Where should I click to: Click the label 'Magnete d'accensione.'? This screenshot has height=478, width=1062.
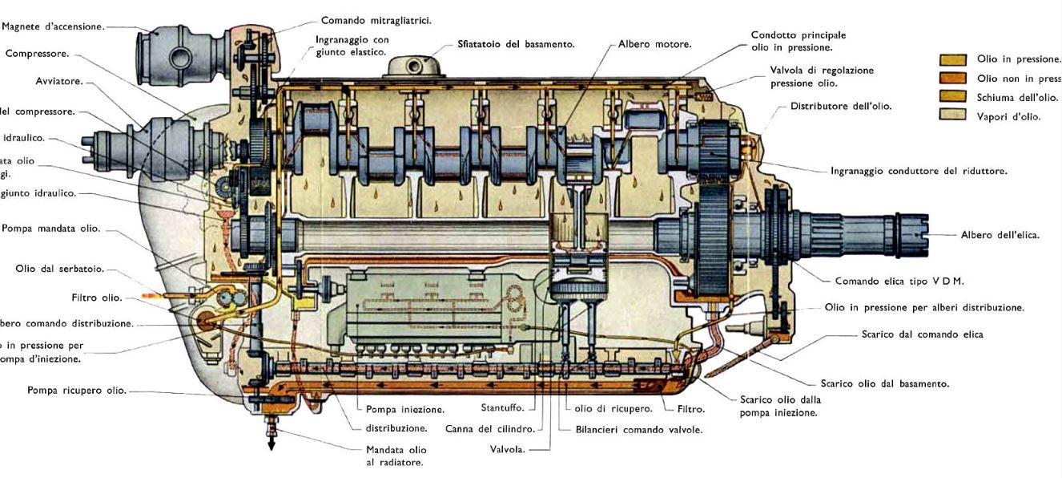tap(53, 26)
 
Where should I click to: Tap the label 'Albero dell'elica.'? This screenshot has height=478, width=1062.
tap(1000, 235)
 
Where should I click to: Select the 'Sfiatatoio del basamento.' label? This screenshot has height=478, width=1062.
tap(516, 44)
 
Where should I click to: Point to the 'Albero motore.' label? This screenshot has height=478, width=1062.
tap(654, 44)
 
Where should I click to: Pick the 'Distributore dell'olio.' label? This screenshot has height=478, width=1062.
tap(840, 106)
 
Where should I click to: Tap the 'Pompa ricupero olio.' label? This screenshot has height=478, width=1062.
tap(76, 391)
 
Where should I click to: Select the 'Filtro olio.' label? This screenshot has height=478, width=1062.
tap(96, 298)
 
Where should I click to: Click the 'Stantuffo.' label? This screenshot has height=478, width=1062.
tap(502, 408)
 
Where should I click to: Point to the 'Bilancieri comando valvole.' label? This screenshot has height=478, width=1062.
tap(638, 429)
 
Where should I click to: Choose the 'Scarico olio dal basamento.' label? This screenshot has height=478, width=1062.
tap(884, 383)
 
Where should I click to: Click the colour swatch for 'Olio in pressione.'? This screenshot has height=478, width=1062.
tap(952, 59)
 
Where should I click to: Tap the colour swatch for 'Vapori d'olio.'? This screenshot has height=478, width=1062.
tap(952, 115)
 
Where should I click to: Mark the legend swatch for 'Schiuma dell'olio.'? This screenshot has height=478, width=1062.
tap(952, 97)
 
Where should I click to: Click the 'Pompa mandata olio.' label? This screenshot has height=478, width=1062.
tap(51, 228)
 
